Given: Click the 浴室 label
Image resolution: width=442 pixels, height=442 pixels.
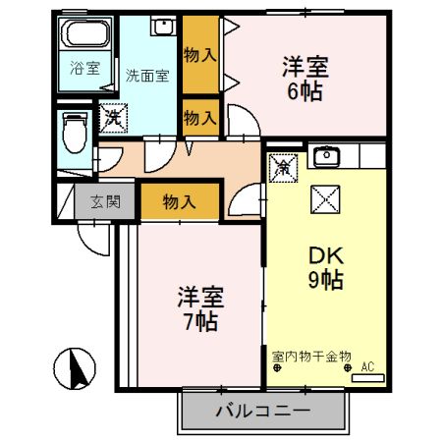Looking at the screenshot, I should (84, 69).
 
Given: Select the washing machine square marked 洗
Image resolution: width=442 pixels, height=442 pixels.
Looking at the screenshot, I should (113, 115).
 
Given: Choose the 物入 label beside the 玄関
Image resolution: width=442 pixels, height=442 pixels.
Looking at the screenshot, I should (178, 203).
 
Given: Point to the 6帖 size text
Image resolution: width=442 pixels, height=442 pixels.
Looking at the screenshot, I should (305, 92).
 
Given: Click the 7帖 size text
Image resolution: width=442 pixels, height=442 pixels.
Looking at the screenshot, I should (200, 320).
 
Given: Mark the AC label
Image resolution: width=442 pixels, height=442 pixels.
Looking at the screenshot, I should (369, 367).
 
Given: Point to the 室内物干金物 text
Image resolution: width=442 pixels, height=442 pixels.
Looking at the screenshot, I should (311, 356).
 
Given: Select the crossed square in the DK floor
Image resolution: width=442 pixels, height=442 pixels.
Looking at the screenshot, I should (325, 200).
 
